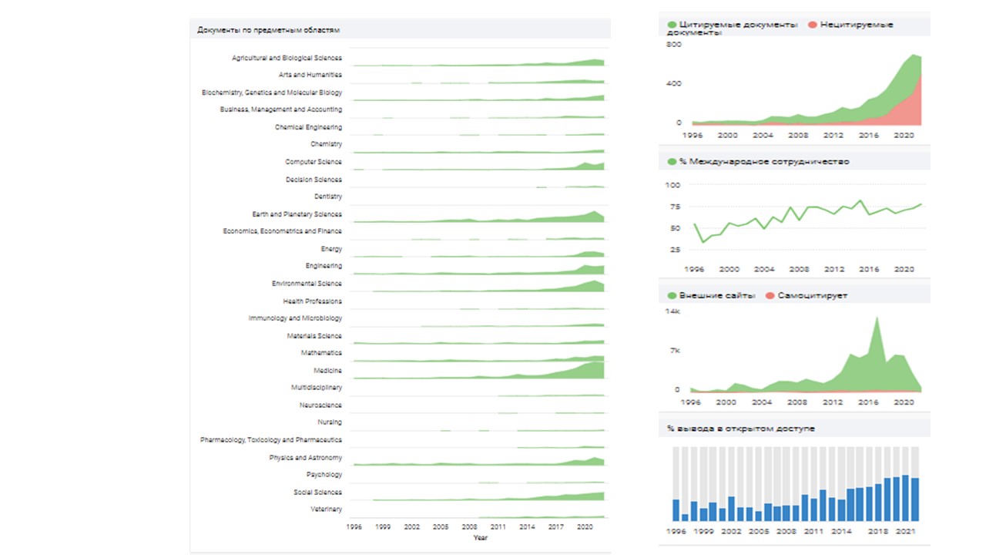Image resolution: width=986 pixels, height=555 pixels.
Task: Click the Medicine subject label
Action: (327, 371)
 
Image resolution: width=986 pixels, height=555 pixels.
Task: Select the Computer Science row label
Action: (313, 162)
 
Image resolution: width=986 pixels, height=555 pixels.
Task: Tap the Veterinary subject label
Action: (326, 510)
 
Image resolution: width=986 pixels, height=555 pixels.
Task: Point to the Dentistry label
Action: (327, 197)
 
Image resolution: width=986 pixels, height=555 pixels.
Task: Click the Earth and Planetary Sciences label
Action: (297, 214)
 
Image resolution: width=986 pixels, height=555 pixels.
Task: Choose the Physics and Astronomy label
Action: (305, 458)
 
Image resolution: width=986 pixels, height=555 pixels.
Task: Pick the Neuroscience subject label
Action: (320, 405)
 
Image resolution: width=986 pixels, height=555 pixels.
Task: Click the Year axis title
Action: (480, 537)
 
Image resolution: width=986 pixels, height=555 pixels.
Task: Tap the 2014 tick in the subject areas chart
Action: (527, 527)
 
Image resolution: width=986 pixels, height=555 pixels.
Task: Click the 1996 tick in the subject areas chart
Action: (354, 527)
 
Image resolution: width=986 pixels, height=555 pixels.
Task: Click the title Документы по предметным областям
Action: (269, 30)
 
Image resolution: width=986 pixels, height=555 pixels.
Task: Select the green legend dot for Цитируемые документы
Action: (672, 25)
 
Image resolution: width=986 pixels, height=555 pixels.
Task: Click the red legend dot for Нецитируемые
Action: (812, 25)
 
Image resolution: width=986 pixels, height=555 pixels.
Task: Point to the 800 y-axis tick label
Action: (674, 45)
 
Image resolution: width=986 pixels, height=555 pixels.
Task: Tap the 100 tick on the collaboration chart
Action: (672, 185)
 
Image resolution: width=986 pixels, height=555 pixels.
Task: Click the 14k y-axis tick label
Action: (672, 311)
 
